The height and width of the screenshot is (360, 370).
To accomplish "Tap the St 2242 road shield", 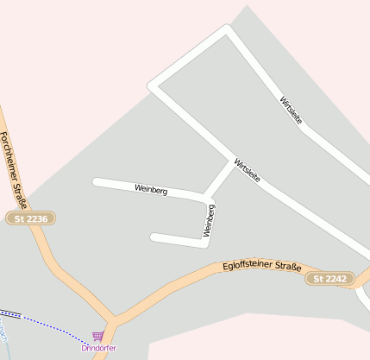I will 329,279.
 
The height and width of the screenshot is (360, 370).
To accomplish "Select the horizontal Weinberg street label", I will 151,188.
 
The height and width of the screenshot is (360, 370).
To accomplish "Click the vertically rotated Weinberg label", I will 209,220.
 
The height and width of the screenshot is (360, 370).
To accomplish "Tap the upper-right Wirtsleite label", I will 292,111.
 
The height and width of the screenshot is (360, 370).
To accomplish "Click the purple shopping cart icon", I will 97,336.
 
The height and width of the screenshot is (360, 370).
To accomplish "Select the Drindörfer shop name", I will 98,348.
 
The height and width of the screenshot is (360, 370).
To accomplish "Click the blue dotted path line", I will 52,323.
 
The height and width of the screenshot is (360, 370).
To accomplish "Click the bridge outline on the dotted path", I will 9,313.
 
